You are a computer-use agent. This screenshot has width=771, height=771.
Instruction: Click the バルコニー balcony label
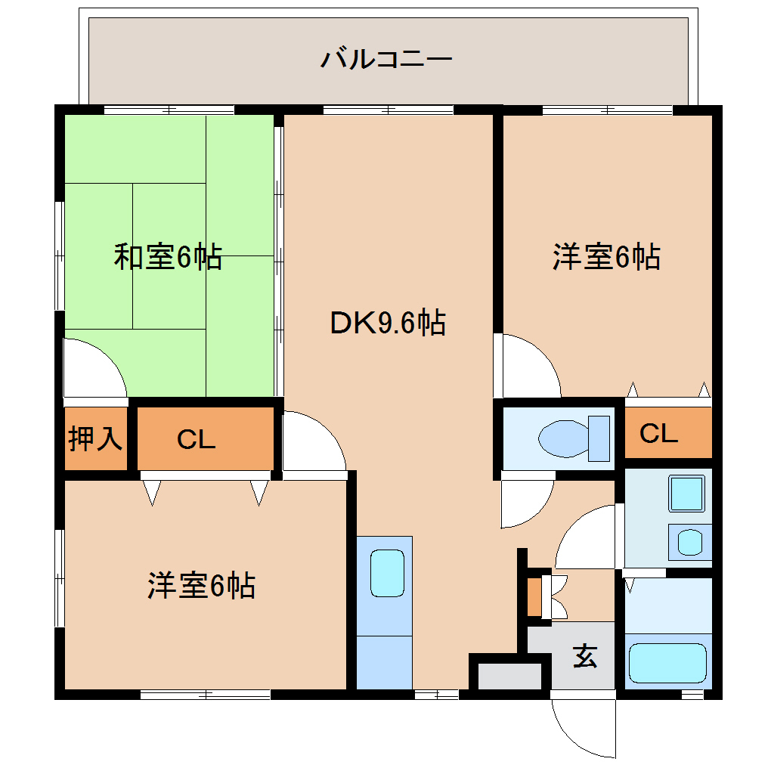(386, 58)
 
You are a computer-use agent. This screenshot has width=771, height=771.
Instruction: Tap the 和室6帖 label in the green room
(168, 257)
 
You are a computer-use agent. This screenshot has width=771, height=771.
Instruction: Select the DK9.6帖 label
(387, 324)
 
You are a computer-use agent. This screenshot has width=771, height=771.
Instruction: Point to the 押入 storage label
(95, 438)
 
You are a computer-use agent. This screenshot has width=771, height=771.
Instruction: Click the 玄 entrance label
(584, 655)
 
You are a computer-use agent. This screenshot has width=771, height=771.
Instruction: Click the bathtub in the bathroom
(667, 663)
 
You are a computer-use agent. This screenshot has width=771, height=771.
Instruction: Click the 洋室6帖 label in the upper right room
(606, 257)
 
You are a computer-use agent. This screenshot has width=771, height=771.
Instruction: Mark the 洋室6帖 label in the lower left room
(201, 586)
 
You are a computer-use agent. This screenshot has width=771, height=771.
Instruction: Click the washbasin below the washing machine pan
(689, 542)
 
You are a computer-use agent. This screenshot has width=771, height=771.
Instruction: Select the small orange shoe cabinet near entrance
(535, 596)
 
